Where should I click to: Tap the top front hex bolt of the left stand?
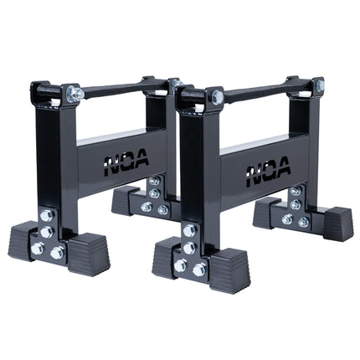(x=74, y=92)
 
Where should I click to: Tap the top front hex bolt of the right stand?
(x=219, y=97)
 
